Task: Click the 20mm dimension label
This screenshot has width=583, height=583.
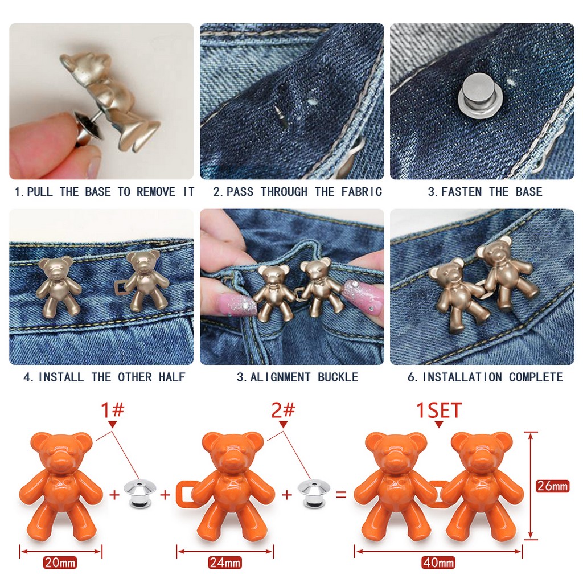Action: [x=60, y=562]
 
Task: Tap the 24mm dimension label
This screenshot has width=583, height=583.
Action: [x=224, y=562]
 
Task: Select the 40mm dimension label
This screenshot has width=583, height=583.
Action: [x=438, y=562]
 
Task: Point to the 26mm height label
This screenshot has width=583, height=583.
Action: [x=552, y=486]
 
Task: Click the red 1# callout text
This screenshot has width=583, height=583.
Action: [x=113, y=410]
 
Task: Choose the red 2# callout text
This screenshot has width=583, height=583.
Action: [x=283, y=410]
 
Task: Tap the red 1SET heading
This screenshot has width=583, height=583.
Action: [x=439, y=410]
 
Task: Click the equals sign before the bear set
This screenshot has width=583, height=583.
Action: [x=341, y=495]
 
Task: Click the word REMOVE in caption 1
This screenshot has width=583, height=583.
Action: [x=156, y=192]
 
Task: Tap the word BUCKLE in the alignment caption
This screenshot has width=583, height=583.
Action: [x=338, y=377]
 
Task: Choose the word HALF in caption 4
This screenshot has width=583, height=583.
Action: [x=172, y=377]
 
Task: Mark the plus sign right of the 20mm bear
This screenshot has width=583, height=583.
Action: [x=114, y=495]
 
